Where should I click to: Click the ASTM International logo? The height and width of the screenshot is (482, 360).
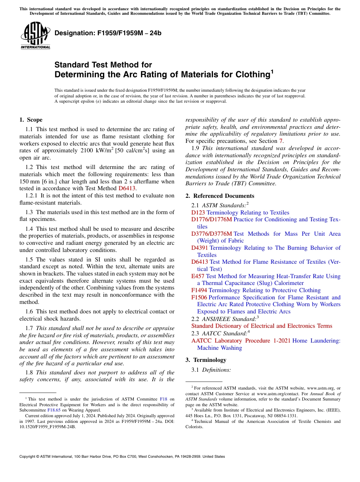(36, 36)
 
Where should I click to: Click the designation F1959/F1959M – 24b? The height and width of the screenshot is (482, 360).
(108, 33)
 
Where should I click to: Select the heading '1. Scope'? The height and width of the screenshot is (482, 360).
(31, 120)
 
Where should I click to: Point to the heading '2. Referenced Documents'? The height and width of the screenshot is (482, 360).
(220, 196)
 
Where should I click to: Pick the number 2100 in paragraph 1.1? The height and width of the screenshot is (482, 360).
(88, 151)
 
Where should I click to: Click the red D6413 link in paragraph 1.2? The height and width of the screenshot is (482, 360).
(127, 188)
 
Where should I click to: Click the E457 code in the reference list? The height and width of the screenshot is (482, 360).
(198, 276)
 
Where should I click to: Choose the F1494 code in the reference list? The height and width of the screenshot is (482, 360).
(199, 290)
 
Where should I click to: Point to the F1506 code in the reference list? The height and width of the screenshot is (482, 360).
(199, 297)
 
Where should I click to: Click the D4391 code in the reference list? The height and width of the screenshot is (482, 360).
(199, 248)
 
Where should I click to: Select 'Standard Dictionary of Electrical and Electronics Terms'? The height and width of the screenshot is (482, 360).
(261, 326)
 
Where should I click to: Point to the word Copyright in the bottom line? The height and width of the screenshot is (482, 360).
(29, 457)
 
